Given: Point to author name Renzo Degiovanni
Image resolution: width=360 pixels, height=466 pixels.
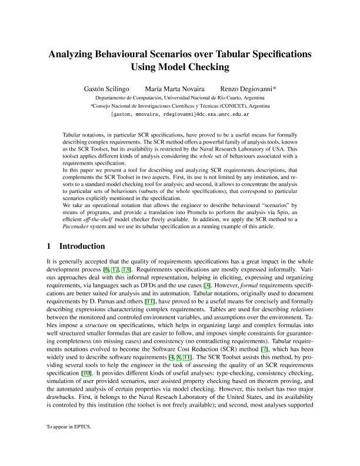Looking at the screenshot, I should [x=249, y=88].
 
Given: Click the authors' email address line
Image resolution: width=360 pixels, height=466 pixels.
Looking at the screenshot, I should [x=179, y=115].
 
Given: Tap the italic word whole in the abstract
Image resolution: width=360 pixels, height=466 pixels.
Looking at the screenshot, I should [x=220, y=158].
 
